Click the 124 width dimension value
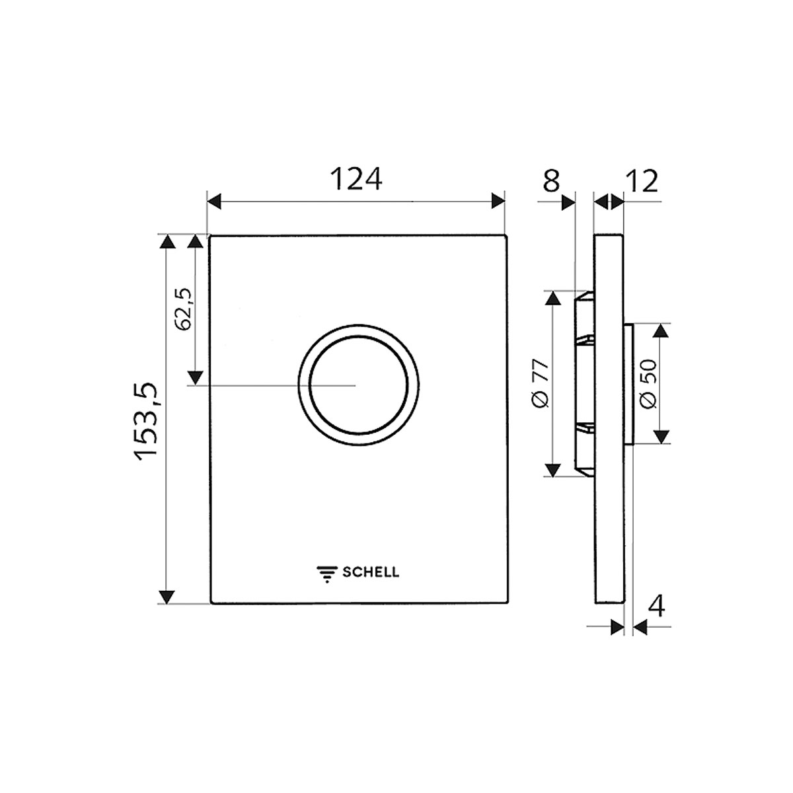356,179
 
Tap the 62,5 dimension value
183,309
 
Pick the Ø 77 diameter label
541,383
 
